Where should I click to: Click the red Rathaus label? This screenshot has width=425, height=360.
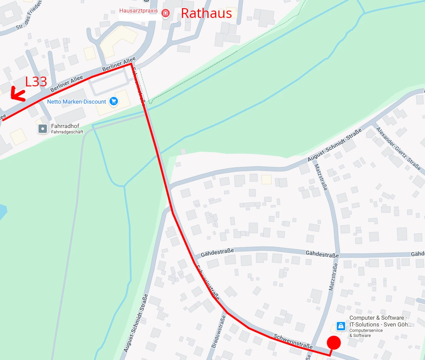pos(206,14)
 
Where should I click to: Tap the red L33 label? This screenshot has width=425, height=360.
pos(36,82)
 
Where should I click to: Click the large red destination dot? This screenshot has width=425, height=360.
pos(334,343)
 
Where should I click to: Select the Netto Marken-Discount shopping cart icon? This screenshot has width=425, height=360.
pos(114,101)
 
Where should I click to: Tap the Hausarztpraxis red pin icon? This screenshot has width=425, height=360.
pos(165,13)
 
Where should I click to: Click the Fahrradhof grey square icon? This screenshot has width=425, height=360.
pos(43,129)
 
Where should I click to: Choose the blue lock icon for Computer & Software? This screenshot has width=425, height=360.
pos(341,326)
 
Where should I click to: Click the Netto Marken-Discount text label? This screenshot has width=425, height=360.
pos(77,102)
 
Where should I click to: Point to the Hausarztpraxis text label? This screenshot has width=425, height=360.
pos(138,11)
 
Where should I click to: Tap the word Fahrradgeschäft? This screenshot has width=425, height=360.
pos(67,132)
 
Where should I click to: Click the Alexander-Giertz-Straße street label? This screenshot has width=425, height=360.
pos(399,149)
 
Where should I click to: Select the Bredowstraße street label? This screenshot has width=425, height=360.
pos(219,332)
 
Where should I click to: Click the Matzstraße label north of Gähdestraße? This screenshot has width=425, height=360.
pos(321,177)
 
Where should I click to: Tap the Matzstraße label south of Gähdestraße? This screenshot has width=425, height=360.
pos(333,277)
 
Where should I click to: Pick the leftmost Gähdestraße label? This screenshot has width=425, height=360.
pos(217,253)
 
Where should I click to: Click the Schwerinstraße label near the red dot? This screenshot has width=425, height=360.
pos(293,341)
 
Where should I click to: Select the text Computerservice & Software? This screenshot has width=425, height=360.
pos(366,333)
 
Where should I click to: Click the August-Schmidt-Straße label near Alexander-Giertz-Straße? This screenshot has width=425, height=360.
pos(335,145)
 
